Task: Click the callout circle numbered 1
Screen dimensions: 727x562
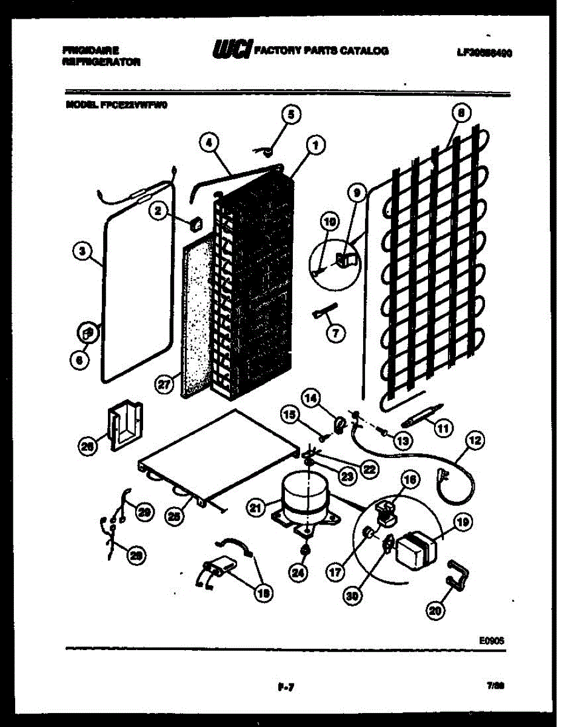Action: pos(315,144)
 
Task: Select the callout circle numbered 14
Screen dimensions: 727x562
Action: pos(310,398)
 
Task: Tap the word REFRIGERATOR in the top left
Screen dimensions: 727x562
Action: pos(102,62)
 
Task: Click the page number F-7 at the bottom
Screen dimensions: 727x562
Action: pos(285,686)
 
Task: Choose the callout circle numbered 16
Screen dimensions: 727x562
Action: pos(410,480)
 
